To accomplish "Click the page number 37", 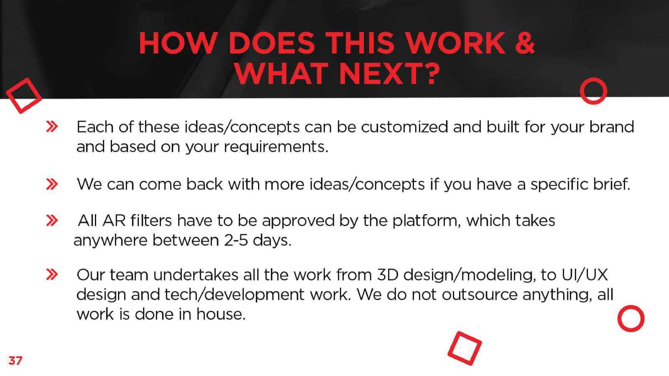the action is [15, 361].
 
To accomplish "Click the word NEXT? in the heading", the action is [389, 74].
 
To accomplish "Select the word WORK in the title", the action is [455, 43].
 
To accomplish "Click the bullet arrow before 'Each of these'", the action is [52, 127].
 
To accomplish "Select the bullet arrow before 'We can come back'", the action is [52, 184].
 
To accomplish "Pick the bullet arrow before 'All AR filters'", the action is [52, 221].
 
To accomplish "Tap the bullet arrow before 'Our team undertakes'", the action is [52, 274].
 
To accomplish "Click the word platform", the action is [425, 221].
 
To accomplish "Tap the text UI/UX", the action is [585, 275].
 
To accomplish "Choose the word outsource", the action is [480, 295].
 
